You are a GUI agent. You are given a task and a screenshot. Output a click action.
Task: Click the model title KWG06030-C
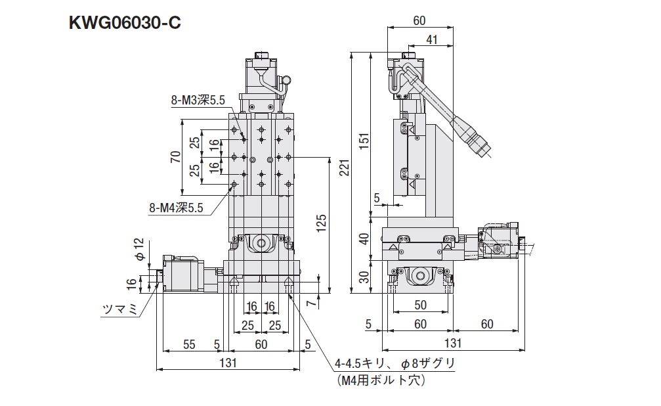[125, 24]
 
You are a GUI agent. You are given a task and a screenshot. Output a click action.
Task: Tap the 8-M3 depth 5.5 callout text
[198, 101]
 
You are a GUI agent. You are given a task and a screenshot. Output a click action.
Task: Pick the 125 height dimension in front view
[321, 223]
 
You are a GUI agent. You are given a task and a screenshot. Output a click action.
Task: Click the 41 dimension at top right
[431, 39]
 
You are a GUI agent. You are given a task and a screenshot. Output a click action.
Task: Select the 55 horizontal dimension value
[189, 343]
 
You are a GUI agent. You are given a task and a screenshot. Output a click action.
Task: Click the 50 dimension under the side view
[419, 305]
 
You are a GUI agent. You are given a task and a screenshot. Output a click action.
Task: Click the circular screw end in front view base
[261, 244]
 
